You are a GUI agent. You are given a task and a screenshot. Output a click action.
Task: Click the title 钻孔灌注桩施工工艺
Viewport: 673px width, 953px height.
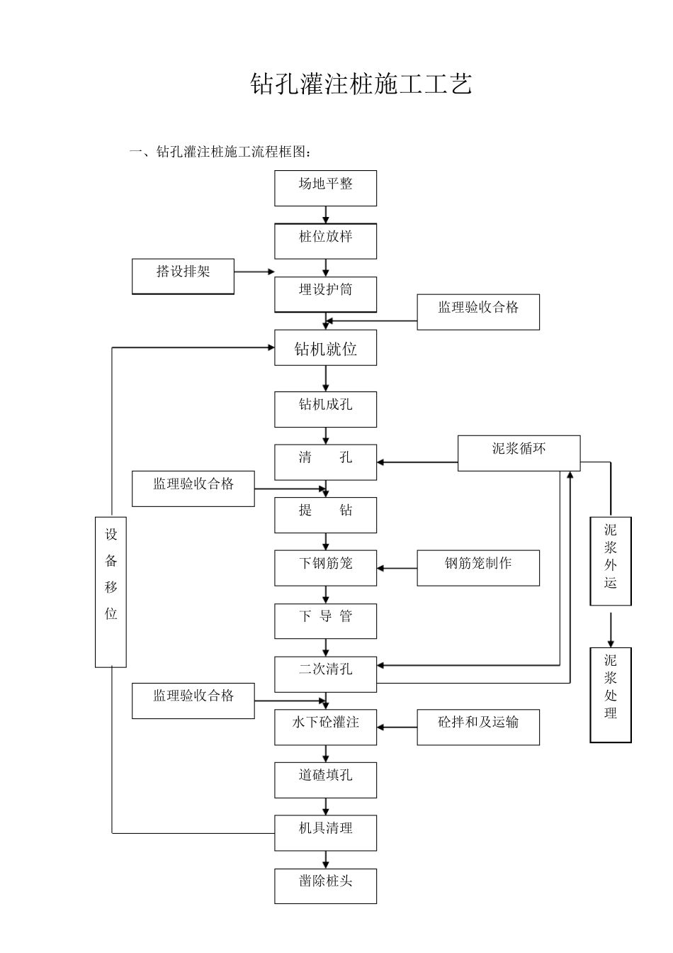pos(361,84)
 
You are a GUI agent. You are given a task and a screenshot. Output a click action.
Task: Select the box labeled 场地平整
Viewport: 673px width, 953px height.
pos(325,188)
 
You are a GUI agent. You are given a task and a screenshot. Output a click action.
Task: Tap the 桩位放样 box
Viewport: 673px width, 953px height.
pos(325,241)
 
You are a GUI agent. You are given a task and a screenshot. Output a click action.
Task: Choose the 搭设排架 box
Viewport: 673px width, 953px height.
pos(183,277)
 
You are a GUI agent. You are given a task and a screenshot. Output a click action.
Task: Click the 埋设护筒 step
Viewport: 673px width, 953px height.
pos(325,294)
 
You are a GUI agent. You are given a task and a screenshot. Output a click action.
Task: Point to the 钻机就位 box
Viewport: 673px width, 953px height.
pos(325,348)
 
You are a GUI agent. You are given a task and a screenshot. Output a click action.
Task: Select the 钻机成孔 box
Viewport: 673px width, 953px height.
pos(325,409)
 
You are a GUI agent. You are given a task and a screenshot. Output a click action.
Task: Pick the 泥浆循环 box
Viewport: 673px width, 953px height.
pos(519,453)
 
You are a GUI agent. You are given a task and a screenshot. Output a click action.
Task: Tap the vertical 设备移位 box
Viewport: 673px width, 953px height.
pos(111,591)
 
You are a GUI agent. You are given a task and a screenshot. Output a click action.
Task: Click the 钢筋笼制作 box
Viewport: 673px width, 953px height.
pos(477,568)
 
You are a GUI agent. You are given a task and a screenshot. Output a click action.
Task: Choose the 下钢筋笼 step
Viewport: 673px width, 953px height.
pos(325,568)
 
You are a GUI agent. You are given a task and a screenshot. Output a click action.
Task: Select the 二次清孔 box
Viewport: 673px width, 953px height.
pos(325,674)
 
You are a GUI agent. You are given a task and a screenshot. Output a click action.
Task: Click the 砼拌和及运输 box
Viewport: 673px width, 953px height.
pos(477,727)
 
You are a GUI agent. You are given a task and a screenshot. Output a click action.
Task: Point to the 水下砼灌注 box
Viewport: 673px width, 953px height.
pos(325,727)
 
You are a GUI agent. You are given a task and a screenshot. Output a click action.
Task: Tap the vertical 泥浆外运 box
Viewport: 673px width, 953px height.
pos(610,561)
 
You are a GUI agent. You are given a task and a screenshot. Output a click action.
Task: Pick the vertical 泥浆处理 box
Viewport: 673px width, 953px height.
pos(610,694)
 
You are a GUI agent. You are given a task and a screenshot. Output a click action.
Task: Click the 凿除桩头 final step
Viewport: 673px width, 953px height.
pos(325,886)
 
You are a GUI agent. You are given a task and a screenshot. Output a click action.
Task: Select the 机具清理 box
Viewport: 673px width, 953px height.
pos(325,832)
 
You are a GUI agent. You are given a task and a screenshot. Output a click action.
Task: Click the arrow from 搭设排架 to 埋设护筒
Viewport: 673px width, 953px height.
pos(254,272)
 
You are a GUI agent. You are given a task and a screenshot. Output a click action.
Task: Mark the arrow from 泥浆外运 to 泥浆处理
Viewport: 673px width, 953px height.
pos(611,626)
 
